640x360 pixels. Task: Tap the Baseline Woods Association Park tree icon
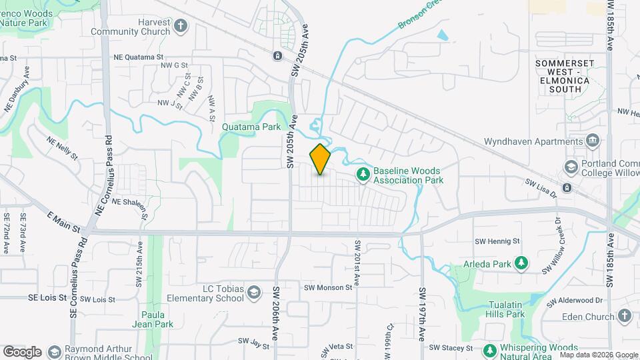(x=363, y=175)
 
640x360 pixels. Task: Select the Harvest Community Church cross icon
(x=180, y=27)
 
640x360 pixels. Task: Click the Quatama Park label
(x=253, y=126)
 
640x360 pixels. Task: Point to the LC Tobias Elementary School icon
(x=254, y=293)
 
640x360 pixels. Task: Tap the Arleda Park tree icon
(x=521, y=264)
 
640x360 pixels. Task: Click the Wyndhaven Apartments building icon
(x=592, y=141)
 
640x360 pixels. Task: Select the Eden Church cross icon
(x=624, y=315)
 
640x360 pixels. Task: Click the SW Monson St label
(x=327, y=287)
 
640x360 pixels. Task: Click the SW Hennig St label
(x=497, y=241)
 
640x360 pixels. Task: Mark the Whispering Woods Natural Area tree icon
(x=490, y=350)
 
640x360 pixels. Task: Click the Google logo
(x=22, y=351)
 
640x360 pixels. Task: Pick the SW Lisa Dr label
(x=540, y=182)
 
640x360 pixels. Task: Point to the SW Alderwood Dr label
(x=575, y=301)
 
